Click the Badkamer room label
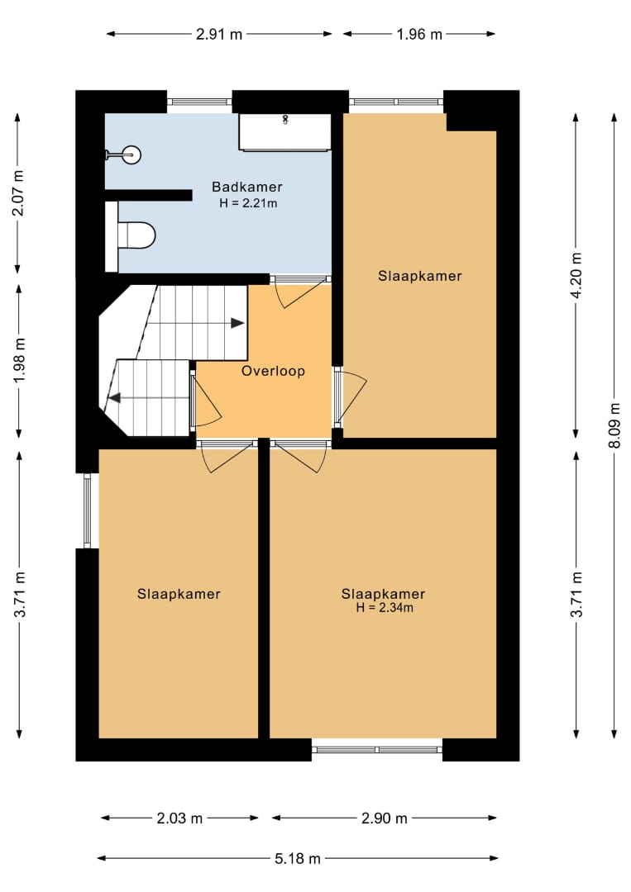(246, 187)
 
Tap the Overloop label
(274, 372)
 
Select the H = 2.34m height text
(385, 608)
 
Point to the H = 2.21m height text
(248, 203)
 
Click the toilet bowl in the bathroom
(136, 235)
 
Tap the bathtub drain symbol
(285, 120)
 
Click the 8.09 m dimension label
(614, 425)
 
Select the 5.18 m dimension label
(297, 858)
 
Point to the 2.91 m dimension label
(219, 34)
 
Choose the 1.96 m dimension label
(419, 34)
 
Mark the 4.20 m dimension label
(576, 275)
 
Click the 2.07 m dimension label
(18, 192)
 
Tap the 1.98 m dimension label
(19, 361)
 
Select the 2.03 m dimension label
(179, 818)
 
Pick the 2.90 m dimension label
(385, 818)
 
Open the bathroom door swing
(301, 292)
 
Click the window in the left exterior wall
(87, 511)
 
